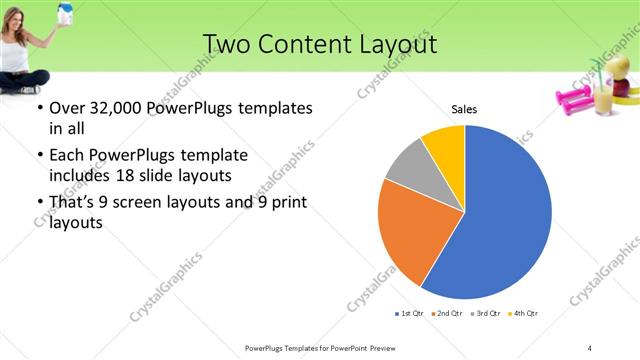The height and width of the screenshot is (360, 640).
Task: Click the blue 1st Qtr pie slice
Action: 505,215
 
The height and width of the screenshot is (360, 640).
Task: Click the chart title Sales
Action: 464,109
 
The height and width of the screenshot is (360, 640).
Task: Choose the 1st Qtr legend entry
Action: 410,314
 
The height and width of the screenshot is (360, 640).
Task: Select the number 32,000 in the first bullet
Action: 106,108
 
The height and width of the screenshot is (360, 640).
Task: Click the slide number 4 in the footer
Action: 590,348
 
